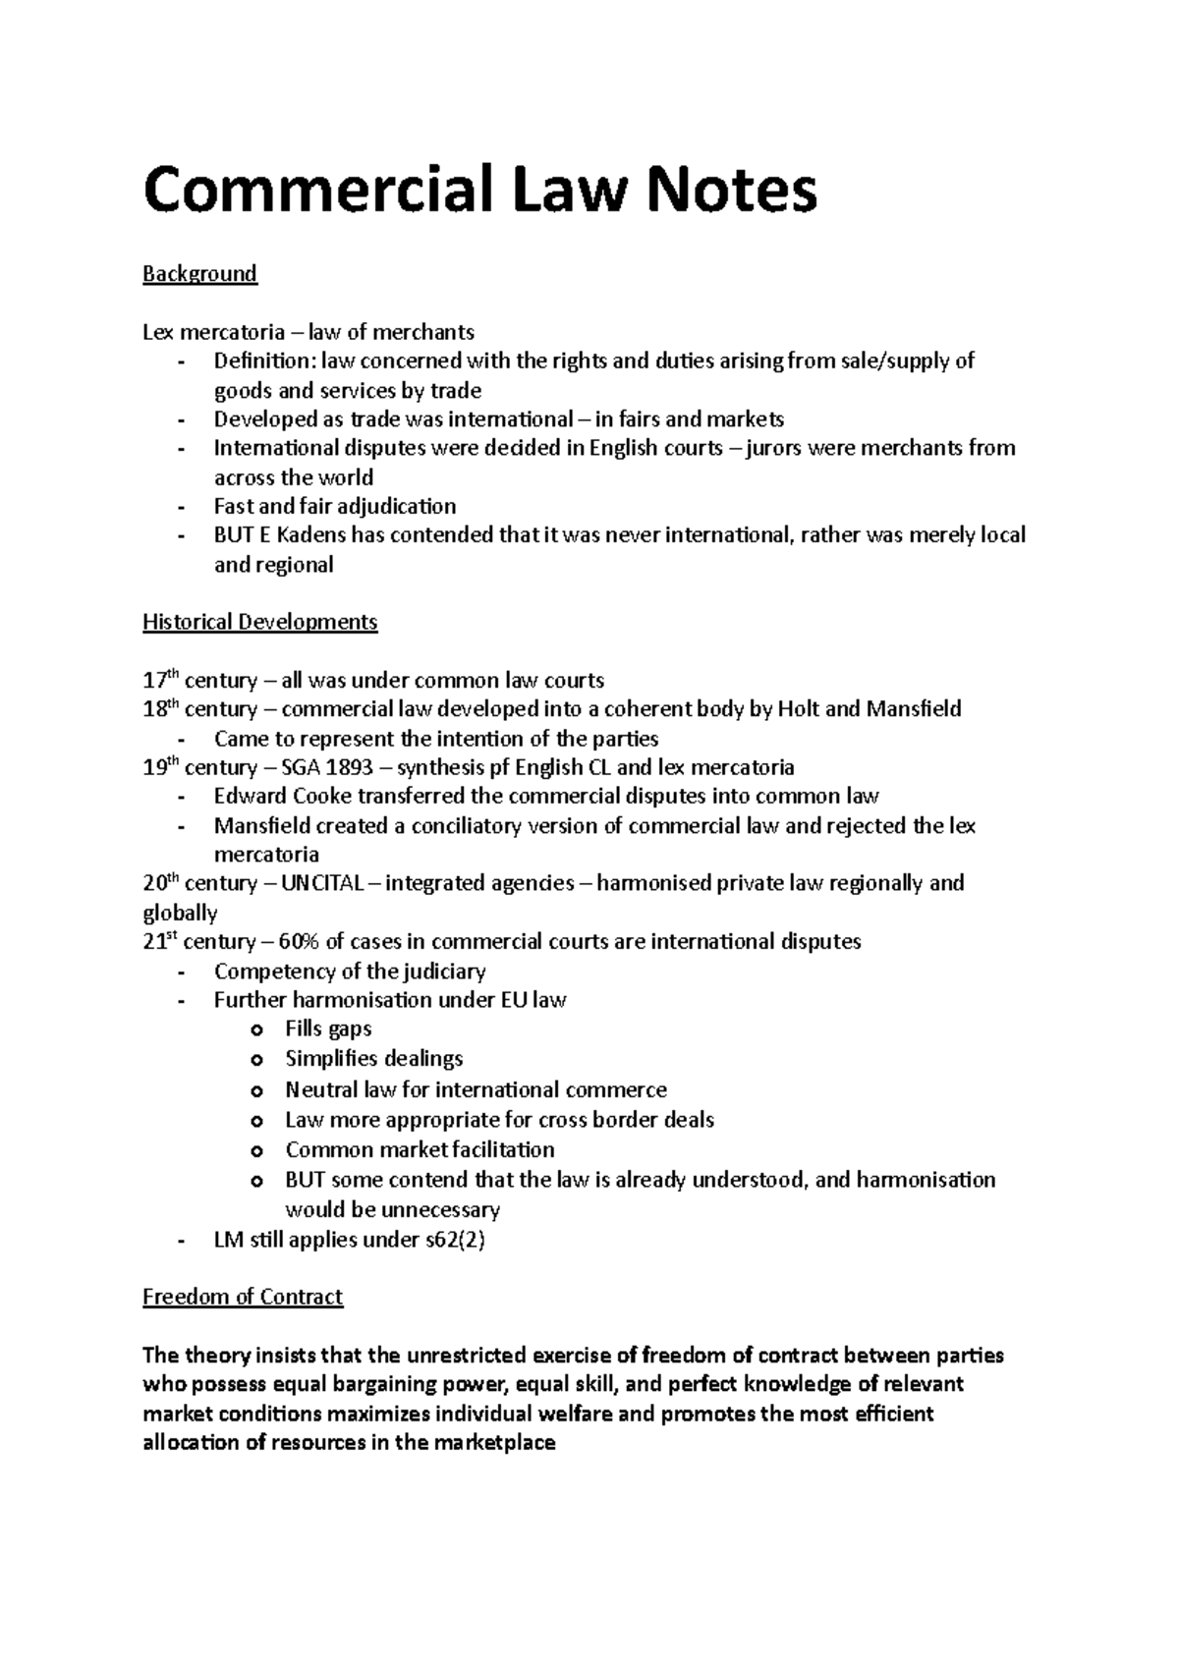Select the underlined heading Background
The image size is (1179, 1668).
point(199,274)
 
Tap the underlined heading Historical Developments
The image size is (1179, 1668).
point(259,622)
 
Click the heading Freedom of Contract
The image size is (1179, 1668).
point(243,1297)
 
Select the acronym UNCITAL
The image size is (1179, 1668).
point(320,883)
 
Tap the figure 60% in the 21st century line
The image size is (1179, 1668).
point(299,942)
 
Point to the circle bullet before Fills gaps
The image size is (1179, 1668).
point(257,1030)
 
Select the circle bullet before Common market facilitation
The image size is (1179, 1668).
point(257,1151)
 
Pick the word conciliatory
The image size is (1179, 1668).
point(459,825)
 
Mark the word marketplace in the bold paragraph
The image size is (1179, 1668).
point(494,1443)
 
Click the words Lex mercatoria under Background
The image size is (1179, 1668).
point(201,332)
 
